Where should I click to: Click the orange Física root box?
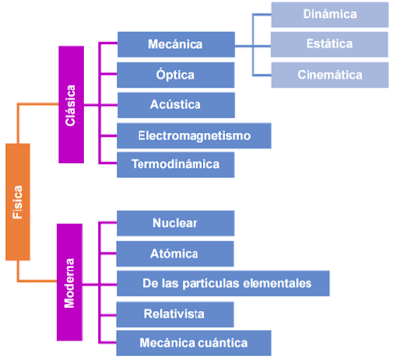[x=18, y=202]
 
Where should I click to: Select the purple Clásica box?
[x=70, y=104]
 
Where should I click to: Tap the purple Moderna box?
[x=70, y=282]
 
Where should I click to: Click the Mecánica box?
[x=176, y=44]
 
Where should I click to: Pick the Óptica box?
[x=176, y=75]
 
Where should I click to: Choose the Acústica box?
[x=176, y=105]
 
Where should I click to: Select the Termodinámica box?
[x=176, y=165]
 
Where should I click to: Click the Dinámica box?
[x=330, y=15]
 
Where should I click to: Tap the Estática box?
[x=330, y=44]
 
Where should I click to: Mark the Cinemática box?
[x=330, y=75]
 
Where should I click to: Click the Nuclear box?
[x=176, y=223]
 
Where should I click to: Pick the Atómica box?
[x=176, y=254]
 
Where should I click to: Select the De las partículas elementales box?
[x=222, y=284]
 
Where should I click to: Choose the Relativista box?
[x=176, y=314]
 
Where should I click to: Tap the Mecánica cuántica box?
[x=194, y=343]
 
